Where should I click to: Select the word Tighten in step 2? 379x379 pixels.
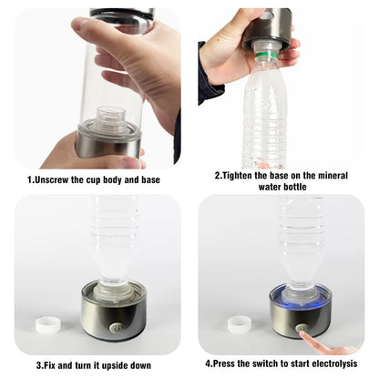(246, 175)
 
